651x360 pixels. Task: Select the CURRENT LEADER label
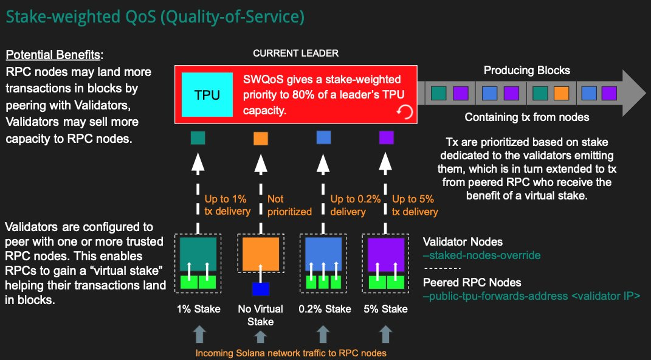(x=295, y=54)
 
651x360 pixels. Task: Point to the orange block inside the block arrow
(x=561, y=93)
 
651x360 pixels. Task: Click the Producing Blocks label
(x=526, y=71)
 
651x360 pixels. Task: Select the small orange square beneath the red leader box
(x=261, y=138)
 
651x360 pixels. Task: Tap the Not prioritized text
(x=289, y=205)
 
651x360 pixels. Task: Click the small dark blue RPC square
(x=260, y=288)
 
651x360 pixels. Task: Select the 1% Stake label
(x=198, y=309)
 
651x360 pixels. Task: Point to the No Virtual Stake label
(x=260, y=315)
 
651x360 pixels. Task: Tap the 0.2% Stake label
(x=325, y=309)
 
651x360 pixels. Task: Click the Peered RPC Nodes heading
(x=471, y=283)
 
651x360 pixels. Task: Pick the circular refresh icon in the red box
(x=404, y=111)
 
